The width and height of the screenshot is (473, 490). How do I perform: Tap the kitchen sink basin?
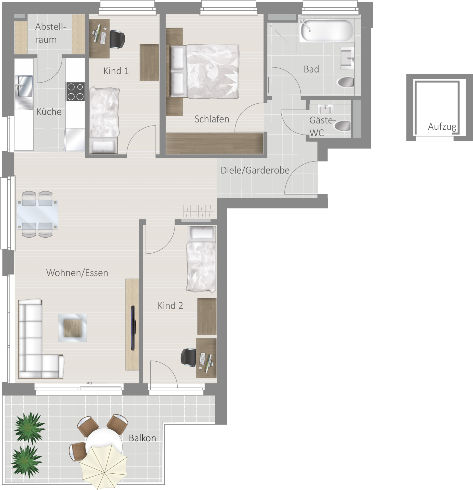coord(24,86)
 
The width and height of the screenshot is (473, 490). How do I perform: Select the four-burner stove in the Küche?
coord(75,92)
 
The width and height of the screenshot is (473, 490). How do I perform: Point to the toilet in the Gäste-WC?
coord(342,126)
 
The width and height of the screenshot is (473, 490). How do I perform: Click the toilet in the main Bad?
coord(345,82)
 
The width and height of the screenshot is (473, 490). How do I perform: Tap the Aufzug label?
coord(442,127)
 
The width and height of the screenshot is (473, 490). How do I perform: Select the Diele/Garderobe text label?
coord(255,170)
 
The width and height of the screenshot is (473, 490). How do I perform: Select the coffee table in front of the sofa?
coord(72,328)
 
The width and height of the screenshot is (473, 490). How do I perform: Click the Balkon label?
coord(142,438)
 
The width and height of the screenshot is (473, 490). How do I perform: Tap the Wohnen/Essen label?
coord(77,273)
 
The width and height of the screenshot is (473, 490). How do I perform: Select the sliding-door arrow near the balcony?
coord(97,383)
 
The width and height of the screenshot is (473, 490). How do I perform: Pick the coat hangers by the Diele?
coord(199,211)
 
